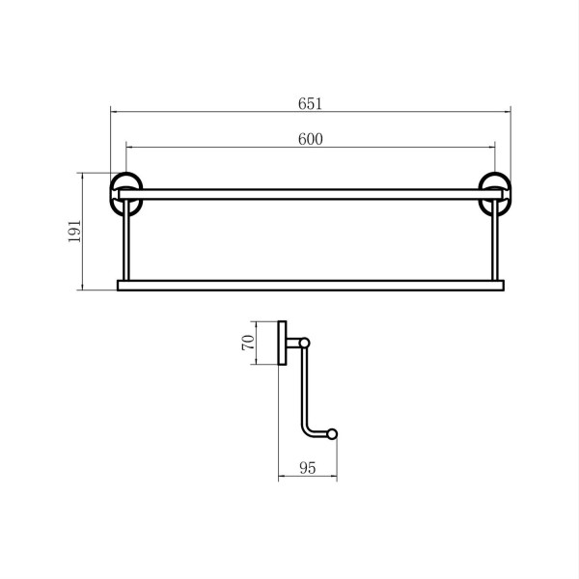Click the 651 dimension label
click(x=310, y=104)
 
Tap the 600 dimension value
click(x=311, y=139)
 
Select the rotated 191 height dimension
click(x=74, y=232)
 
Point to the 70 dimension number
click(x=248, y=343)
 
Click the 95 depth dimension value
click(x=308, y=468)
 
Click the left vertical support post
click(x=125, y=240)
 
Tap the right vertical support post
click(x=495, y=240)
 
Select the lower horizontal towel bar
click(x=311, y=286)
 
